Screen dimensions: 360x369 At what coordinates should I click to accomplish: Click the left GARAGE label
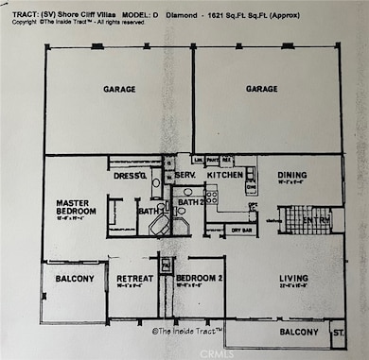(119, 90)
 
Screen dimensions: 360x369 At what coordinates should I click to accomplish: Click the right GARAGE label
(261, 90)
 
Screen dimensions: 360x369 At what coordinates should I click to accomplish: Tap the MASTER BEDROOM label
(76, 207)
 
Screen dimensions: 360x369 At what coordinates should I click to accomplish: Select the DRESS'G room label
(130, 176)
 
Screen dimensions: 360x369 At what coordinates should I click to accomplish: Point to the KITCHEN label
(225, 175)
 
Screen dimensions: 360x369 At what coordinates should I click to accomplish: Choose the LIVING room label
(294, 278)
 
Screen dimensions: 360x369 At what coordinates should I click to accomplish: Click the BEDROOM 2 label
(198, 278)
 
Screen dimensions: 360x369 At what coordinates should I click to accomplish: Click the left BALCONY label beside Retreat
(75, 279)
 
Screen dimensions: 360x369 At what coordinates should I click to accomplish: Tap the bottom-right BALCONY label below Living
(297, 333)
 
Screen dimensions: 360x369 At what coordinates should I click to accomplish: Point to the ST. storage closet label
(337, 333)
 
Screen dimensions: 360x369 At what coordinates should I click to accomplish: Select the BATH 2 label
(191, 202)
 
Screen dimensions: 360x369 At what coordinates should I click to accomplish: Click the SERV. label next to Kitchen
(184, 176)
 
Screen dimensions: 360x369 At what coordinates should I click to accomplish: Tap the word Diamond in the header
(181, 14)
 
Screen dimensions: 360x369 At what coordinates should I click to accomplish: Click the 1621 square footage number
(219, 14)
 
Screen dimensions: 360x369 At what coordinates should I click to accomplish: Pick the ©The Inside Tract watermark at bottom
(186, 331)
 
